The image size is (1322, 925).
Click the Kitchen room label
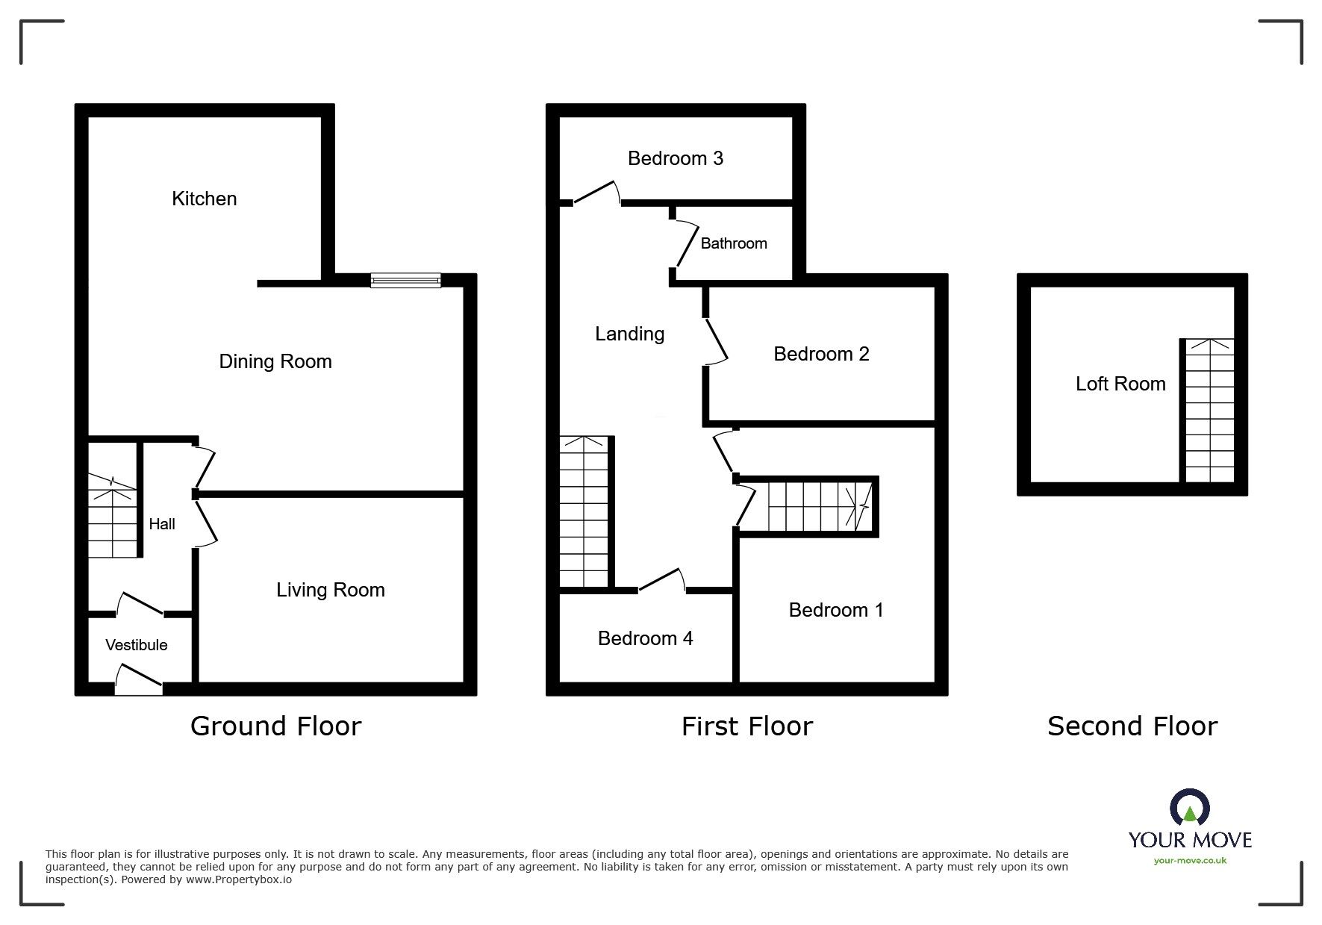pos(204,199)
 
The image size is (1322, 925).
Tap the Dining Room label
pos(275,362)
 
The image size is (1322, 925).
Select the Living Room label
pos(331,591)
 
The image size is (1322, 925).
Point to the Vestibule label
pos(137,645)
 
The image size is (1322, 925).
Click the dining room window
pos(405,280)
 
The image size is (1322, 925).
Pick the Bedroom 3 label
pos(676,158)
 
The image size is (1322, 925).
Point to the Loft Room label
pos(1120,384)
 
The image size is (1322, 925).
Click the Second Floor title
pos(1132,726)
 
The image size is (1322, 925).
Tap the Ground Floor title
pos(276,726)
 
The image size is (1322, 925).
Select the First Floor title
pos(747,726)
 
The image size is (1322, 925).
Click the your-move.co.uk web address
pos(1190,861)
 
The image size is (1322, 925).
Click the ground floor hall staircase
pos(113,515)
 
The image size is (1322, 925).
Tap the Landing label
pos(630,334)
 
